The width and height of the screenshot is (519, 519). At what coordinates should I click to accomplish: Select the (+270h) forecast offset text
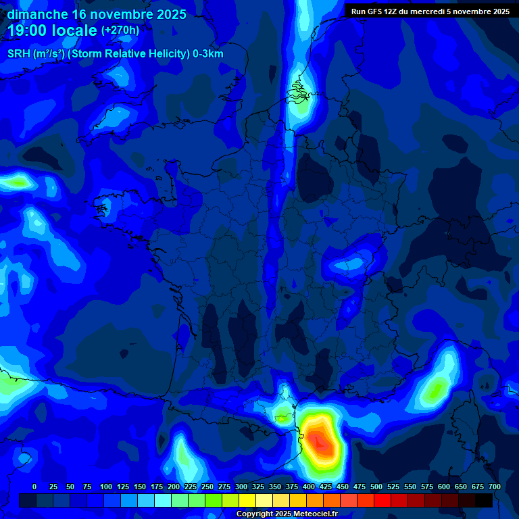point(120,30)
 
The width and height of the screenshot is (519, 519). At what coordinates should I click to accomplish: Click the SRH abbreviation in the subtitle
point(19,54)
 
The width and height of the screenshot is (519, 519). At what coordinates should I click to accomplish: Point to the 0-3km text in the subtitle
point(208,54)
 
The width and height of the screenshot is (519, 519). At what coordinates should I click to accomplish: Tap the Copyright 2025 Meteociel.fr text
point(287,514)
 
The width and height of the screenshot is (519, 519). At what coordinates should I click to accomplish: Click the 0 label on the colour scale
point(34,487)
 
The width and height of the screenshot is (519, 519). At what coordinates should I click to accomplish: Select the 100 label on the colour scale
point(106,487)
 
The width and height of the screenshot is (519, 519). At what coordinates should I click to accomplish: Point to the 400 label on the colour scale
point(309,487)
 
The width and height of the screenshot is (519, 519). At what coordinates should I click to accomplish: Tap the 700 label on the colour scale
point(494,487)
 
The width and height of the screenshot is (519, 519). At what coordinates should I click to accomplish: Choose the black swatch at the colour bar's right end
point(484,501)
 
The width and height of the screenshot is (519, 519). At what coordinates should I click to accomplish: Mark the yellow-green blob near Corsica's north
point(436,388)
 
